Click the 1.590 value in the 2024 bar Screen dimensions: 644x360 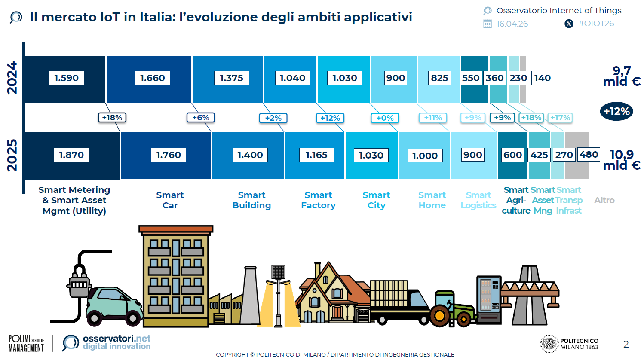(66, 78)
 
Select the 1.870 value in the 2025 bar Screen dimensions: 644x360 (71, 155)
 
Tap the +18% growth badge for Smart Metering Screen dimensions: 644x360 (112, 118)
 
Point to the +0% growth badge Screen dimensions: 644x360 (385, 118)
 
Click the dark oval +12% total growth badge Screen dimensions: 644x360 (616, 111)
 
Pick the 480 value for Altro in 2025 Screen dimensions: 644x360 (589, 155)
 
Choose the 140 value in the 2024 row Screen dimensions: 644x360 (542, 78)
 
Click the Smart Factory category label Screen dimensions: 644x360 (318, 200)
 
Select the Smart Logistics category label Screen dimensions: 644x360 (478, 200)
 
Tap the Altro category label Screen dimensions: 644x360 (604, 200)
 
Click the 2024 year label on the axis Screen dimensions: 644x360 (12, 78)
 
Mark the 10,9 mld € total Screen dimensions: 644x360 (622, 160)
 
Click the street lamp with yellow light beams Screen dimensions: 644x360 (278, 296)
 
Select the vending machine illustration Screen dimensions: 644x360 (489, 300)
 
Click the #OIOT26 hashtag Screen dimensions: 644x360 (596, 24)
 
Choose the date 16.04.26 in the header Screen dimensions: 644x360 (512, 24)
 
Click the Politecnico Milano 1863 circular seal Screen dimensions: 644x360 (549, 344)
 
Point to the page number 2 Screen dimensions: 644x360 (626, 344)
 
